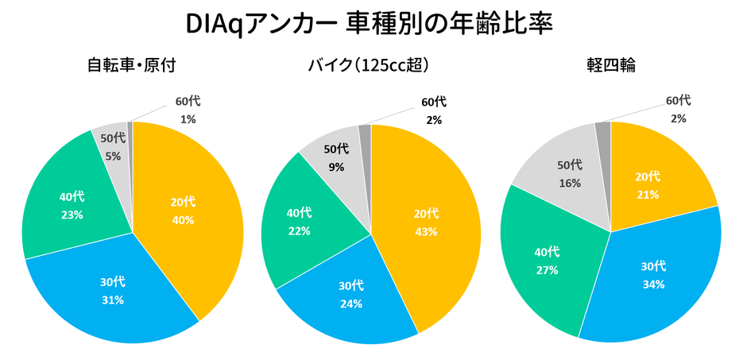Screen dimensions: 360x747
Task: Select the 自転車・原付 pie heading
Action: coord(132,67)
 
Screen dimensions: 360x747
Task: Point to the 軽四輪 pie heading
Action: coord(610,67)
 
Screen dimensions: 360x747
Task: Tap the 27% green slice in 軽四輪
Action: coord(548,262)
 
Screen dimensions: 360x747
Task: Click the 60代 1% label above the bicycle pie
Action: coord(188,111)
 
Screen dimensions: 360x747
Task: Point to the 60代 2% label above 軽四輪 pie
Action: coord(678,109)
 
